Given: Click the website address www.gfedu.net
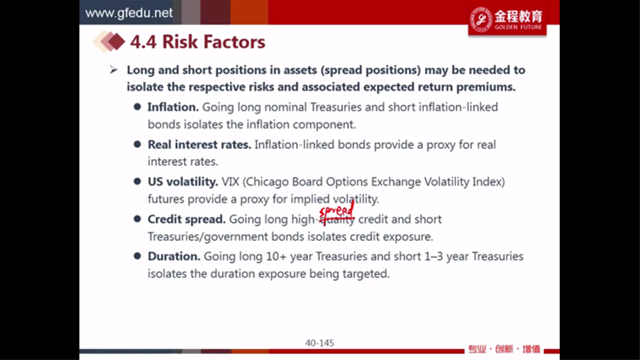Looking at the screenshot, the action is (x=129, y=13).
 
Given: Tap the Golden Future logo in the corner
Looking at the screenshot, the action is (x=507, y=20).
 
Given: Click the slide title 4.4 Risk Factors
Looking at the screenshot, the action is (x=197, y=42).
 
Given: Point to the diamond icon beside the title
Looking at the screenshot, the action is (x=109, y=41).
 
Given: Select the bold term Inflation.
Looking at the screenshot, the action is (x=173, y=107).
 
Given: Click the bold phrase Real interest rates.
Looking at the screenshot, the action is (x=199, y=145).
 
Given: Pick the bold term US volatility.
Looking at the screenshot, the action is (x=182, y=181).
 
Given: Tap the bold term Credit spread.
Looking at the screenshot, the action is (x=186, y=220).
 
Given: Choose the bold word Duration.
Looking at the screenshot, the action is (x=174, y=256).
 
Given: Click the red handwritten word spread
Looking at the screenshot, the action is (x=336, y=210).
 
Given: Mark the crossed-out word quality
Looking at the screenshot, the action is (x=337, y=220).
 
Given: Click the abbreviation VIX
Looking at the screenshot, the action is (x=230, y=181).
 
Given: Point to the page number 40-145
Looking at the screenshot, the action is (x=320, y=343).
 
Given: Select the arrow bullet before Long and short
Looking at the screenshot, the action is (x=113, y=70).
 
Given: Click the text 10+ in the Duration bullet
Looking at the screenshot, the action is (x=277, y=256).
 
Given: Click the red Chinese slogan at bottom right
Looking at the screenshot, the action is (x=504, y=349).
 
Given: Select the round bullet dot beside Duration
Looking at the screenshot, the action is (x=137, y=256).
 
